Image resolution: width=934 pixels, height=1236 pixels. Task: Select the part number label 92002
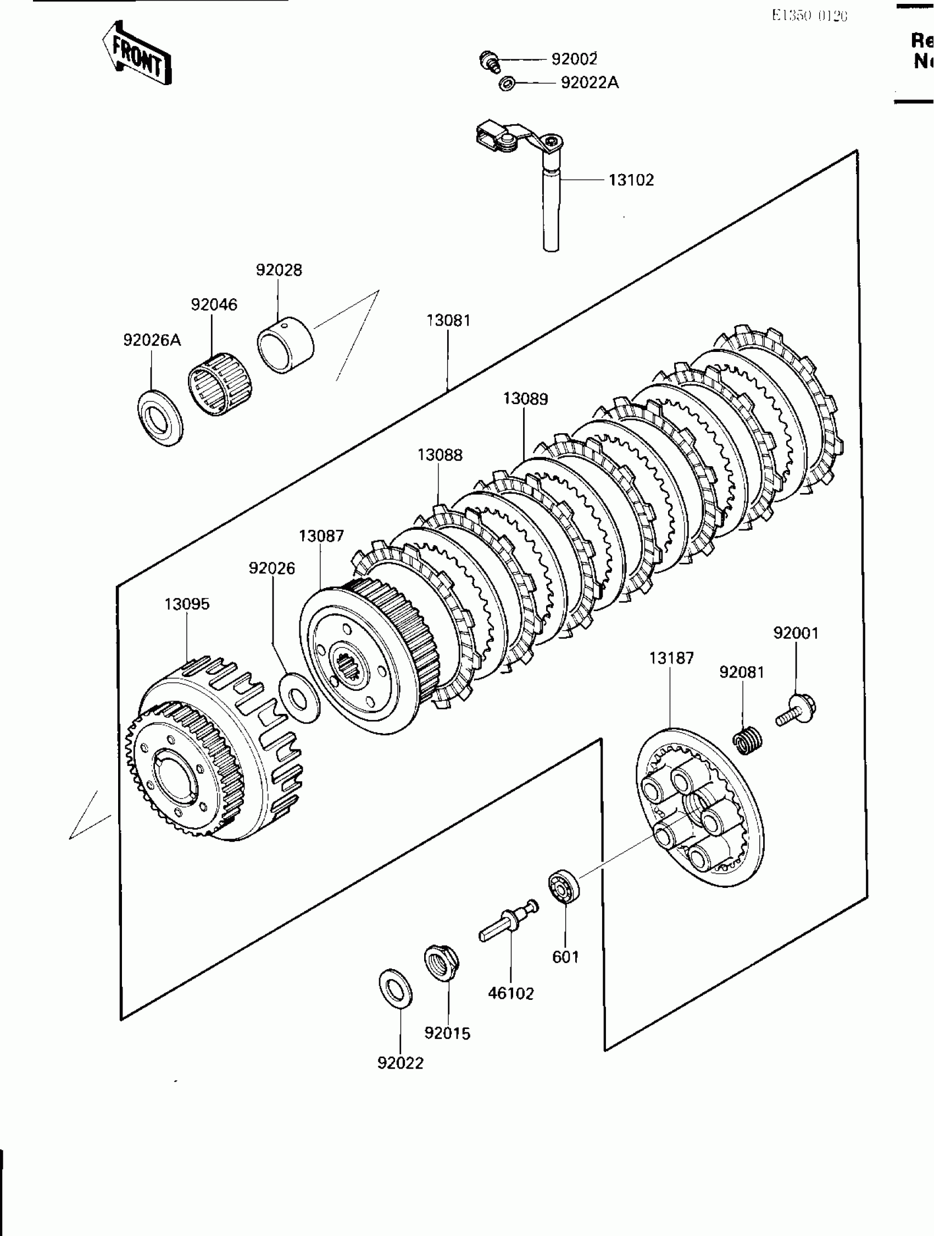coord(574,59)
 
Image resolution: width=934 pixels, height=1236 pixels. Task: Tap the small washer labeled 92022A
coord(507,84)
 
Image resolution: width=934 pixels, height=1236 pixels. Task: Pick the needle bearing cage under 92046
coord(219,384)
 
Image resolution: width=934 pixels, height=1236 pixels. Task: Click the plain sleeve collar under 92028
coord(285,344)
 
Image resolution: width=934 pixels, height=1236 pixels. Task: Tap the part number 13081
coord(448,321)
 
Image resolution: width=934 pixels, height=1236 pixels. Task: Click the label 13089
coord(525,399)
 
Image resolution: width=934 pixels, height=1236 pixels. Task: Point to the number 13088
coord(440,455)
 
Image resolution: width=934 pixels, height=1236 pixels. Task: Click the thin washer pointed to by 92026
coord(298,698)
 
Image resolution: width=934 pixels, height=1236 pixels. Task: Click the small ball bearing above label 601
coord(563,886)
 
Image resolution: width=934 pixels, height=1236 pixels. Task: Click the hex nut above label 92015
coord(441,963)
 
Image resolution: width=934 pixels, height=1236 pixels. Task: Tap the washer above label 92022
coord(396,989)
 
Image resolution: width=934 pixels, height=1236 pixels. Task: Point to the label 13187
coord(671,658)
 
